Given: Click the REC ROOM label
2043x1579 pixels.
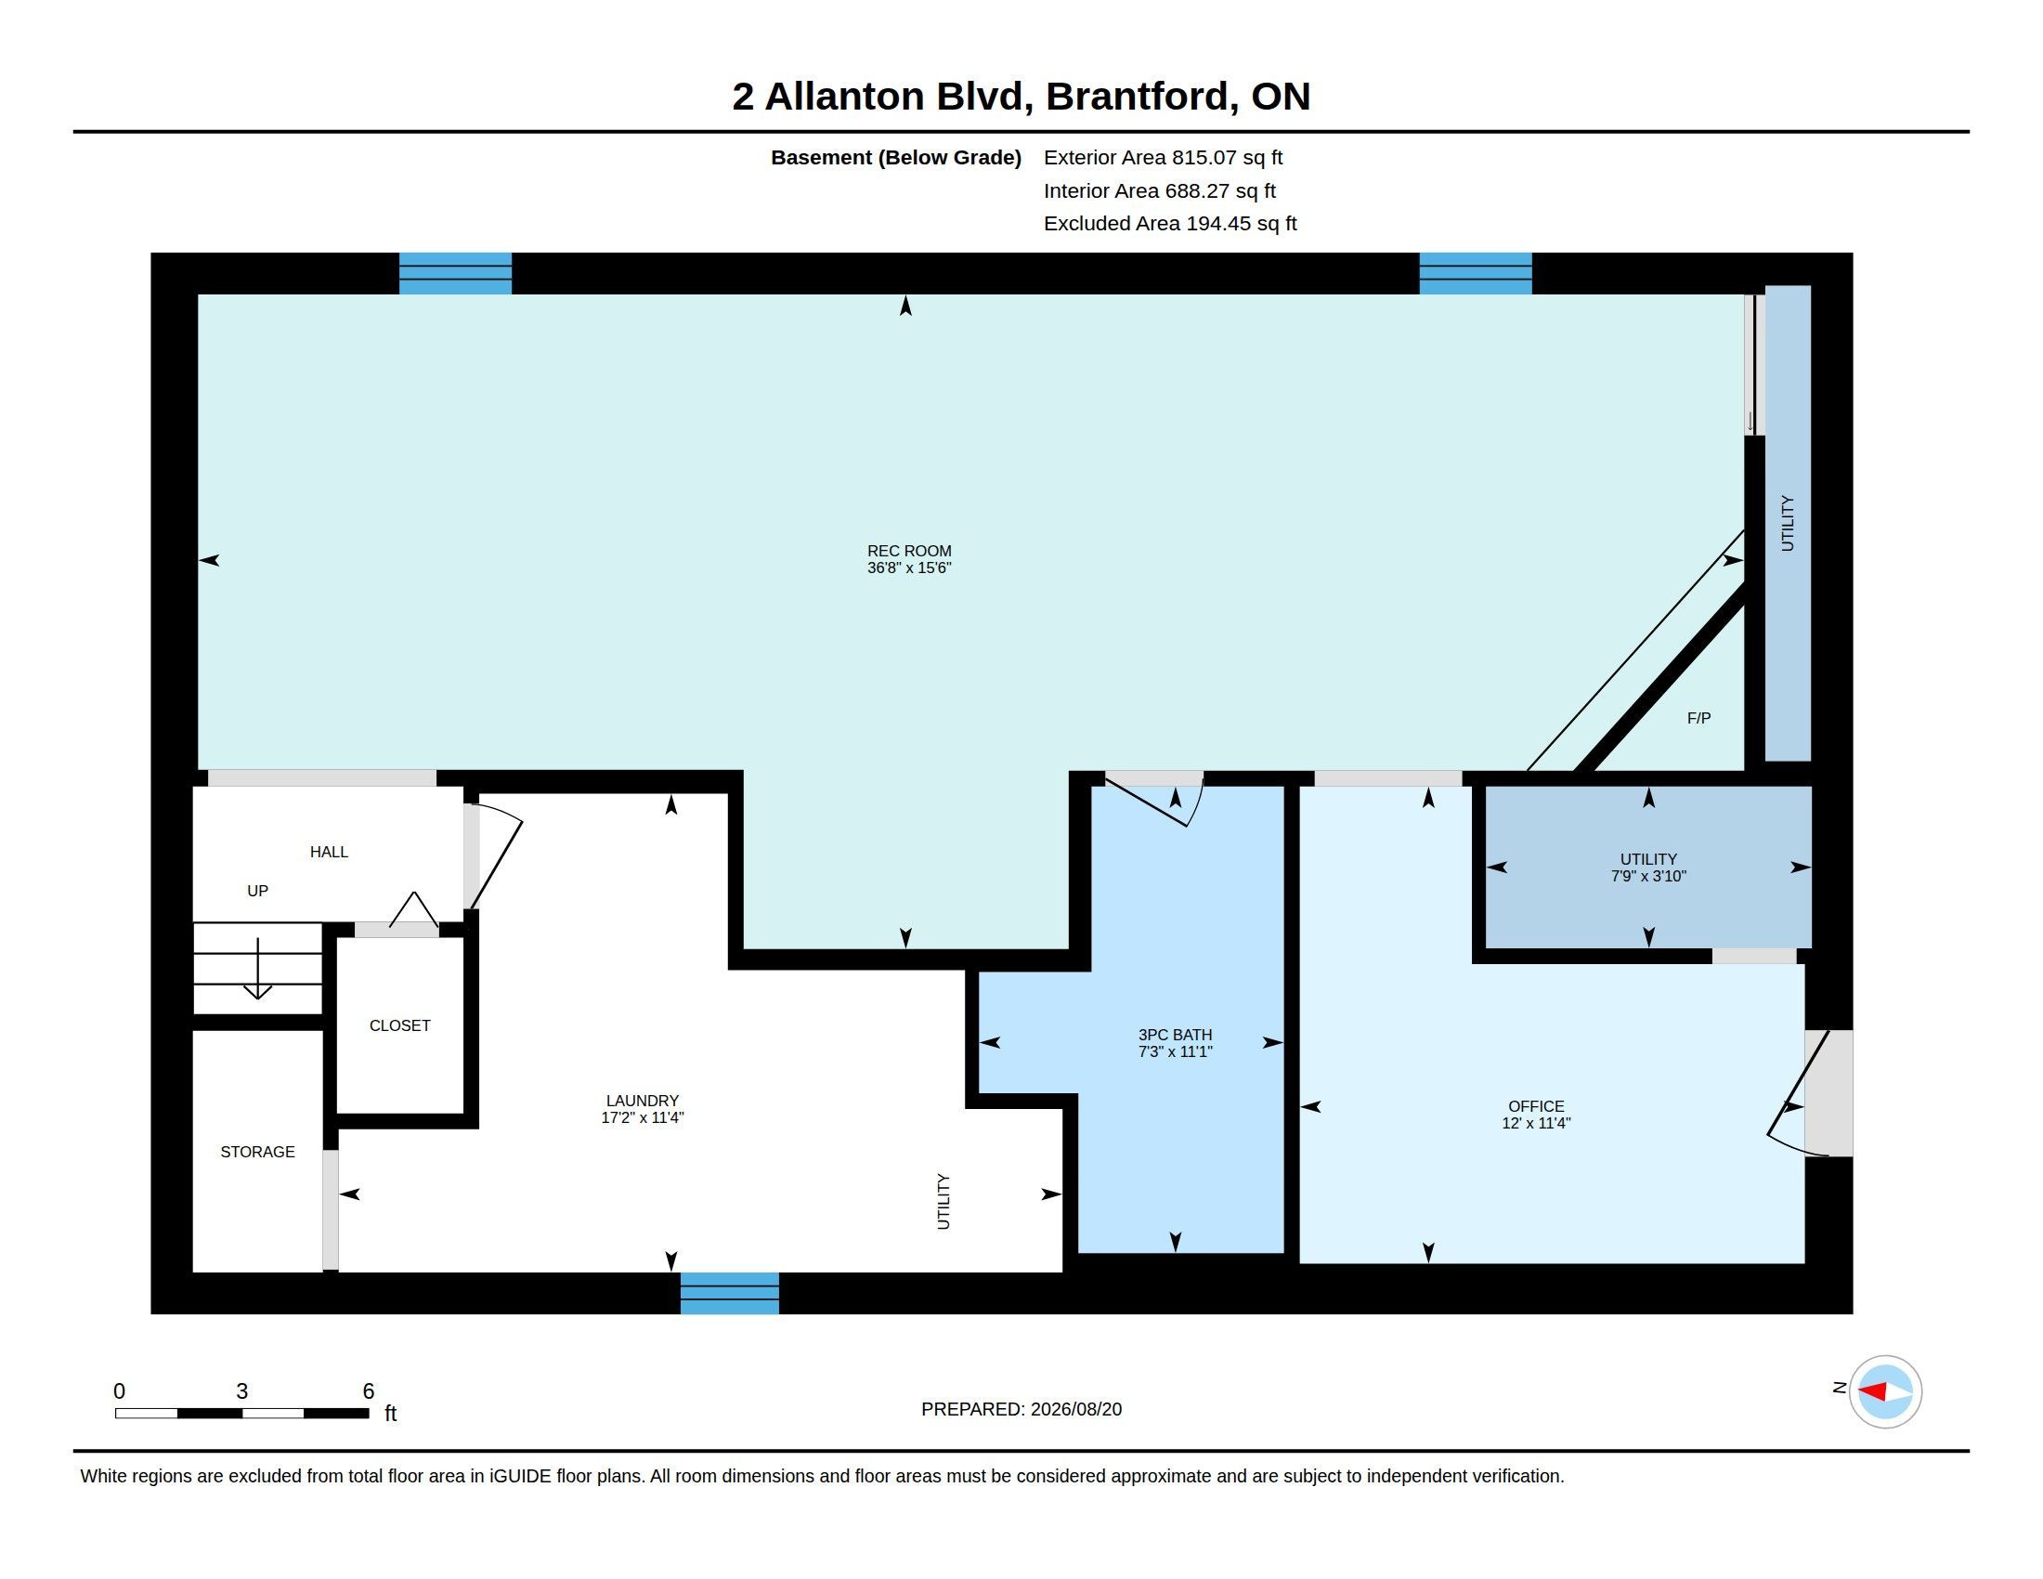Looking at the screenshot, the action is point(908,551).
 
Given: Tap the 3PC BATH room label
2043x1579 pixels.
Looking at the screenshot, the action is point(1175,1035).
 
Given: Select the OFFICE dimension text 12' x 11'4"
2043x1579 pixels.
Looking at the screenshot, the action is point(1536,1123).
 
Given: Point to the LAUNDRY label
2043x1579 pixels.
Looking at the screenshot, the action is point(642,1101).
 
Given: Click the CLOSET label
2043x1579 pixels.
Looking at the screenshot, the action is point(399,1025).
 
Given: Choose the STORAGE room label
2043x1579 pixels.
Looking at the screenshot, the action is point(257,1152).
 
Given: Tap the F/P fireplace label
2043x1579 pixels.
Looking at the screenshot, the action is point(1698,718).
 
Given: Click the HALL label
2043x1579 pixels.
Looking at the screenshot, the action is point(329,851).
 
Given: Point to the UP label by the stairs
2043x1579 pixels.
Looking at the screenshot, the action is point(257,891).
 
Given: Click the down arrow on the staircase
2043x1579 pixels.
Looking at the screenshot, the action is point(257,968).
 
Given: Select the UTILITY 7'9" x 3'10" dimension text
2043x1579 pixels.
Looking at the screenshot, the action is point(1648,876).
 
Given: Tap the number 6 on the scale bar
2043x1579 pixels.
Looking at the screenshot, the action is point(369,1391).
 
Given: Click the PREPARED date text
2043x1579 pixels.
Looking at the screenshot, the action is point(1021,1409).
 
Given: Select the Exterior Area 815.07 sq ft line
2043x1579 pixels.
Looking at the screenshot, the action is point(1163,157).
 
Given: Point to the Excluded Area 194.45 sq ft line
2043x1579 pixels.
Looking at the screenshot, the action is point(1170,224).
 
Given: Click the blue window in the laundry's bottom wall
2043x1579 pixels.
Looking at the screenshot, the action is point(730,1293).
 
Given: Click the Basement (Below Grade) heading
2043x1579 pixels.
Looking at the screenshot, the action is point(895,157).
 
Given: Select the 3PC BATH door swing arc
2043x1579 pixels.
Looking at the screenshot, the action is point(1195,804).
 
